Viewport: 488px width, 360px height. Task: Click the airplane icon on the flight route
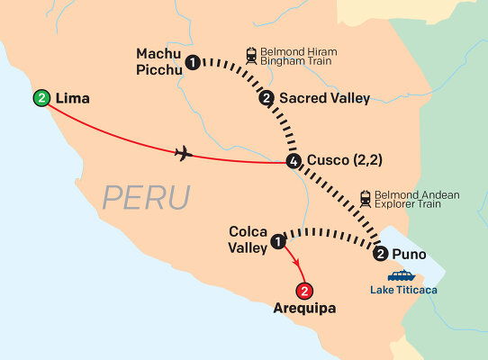(x=185, y=153)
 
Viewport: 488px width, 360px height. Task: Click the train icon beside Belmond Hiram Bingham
(x=253, y=54)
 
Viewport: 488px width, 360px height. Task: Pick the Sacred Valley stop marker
(x=266, y=98)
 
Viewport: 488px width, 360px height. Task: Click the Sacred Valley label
(x=324, y=98)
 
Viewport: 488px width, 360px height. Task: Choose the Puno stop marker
(x=381, y=253)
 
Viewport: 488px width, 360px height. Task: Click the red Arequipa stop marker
(x=305, y=291)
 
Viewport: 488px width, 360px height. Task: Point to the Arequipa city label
(x=304, y=309)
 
